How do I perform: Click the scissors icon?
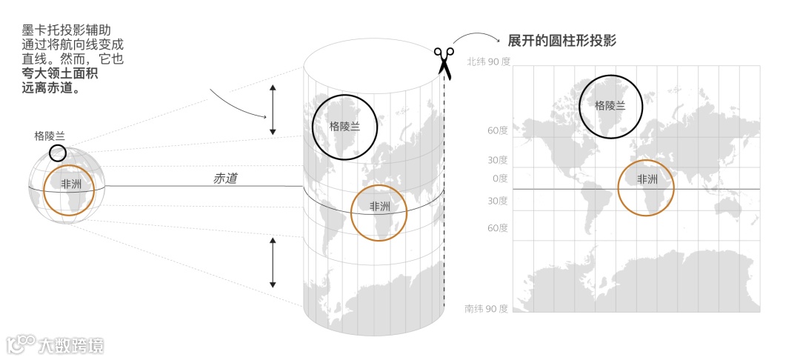(x=444, y=61)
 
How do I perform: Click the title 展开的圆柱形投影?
(x=562, y=40)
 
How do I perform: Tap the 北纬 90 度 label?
(x=488, y=62)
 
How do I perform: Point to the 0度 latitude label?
(x=498, y=179)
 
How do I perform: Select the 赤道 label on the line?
(x=225, y=179)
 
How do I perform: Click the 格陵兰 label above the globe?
(x=50, y=136)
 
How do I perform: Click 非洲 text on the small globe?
(x=71, y=184)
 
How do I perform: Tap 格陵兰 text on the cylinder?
(x=344, y=126)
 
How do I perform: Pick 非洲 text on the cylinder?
(x=380, y=207)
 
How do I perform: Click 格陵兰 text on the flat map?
(x=610, y=105)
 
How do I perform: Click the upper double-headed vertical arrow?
(x=273, y=110)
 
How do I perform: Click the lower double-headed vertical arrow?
(x=273, y=262)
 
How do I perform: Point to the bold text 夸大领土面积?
(x=61, y=73)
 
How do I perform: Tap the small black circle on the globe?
(x=58, y=153)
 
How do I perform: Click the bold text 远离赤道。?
(x=51, y=87)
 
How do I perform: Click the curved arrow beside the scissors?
(x=474, y=39)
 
